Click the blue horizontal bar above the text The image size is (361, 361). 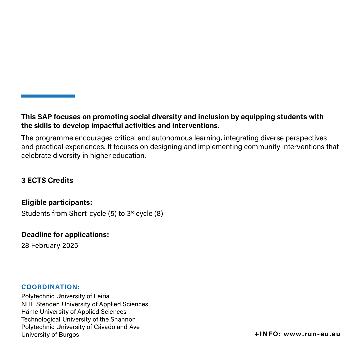coord(48,96)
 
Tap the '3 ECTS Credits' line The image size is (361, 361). coord(47,180)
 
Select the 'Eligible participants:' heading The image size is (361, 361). coord(57,203)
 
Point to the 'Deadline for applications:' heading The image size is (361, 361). coord(65,235)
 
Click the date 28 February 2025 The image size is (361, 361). coord(49,246)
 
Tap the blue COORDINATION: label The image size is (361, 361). coord(50,287)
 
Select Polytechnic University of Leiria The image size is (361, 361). coord(65,296)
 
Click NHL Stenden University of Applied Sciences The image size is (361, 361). coord(85,304)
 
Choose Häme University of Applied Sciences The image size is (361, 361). coord(74,312)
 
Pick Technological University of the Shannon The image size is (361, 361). coord(79,320)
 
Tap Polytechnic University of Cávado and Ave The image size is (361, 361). coord(81,327)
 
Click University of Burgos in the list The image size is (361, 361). coord(50,335)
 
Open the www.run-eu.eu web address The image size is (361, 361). coord(312,334)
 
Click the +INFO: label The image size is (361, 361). coord(267,334)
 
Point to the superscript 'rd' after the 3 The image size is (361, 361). coord(132,212)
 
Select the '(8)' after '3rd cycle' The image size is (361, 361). coord(158,214)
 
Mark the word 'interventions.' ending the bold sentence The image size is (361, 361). coord(196,126)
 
